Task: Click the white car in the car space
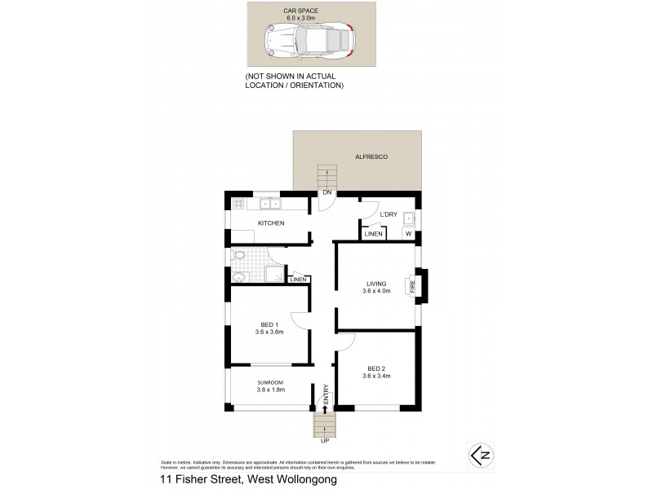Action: pyautogui.click(x=311, y=39)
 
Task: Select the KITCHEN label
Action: pyautogui.click(x=271, y=222)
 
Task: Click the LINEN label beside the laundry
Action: pyautogui.click(x=373, y=235)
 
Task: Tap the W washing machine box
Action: pyautogui.click(x=409, y=235)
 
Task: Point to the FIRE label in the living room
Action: pyautogui.click(x=412, y=286)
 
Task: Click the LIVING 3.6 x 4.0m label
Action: pyautogui.click(x=378, y=287)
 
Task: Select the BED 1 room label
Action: pyautogui.click(x=270, y=328)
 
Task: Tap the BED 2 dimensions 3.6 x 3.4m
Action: pyautogui.click(x=378, y=376)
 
